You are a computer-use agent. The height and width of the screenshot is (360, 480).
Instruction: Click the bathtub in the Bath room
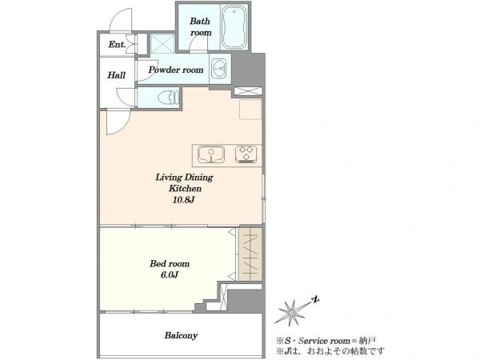pyautogui.click(x=234, y=27)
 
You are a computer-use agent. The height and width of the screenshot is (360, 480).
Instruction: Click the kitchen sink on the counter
pyautogui.click(x=211, y=154)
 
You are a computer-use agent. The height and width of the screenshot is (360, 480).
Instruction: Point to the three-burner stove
pyautogui.click(x=246, y=154)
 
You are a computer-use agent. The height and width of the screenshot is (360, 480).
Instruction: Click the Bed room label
pyautogui.click(x=170, y=263)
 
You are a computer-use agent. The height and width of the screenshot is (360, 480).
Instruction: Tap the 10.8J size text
pyautogui.click(x=184, y=200)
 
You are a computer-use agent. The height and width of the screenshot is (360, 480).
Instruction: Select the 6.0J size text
pyautogui.click(x=170, y=274)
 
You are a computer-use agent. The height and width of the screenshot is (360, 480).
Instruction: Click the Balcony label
pyautogui.click(x=181, y=335)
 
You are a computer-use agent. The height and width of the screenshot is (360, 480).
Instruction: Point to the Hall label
pyautogui.click(x=116, y=75)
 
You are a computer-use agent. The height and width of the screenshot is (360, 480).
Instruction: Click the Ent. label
pyautogui.click(x=117, y=44)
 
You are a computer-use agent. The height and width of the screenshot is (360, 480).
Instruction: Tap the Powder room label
pyautogui.click(x=176, y=70)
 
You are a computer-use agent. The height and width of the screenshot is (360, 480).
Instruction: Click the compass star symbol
pyautogui.click(x=290, y=313)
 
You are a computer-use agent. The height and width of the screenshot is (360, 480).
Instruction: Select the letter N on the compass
pyautogui.click(x=315, y=299)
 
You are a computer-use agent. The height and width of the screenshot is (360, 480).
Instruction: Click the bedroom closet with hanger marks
pyautogui.click(x=250, y=254)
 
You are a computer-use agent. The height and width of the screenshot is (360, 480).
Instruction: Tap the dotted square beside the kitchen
pyautogui.click(x=250, y=109)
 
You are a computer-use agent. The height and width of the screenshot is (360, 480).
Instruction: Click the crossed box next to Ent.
pyautogui.click(x=163, y=43)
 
